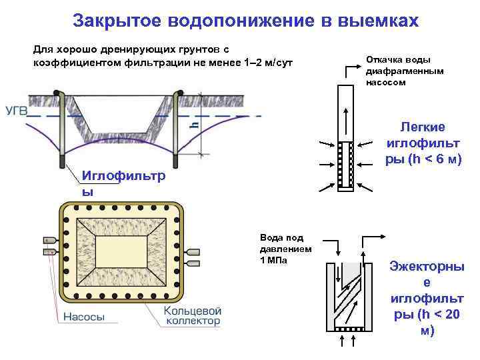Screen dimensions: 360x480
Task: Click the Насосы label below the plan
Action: click(x=83, y=318)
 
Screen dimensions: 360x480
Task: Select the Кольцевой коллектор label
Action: click(x=193, y=315)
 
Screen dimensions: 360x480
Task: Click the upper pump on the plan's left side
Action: click(x=51, y=240)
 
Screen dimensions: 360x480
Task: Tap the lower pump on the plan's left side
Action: click(x=51, y=252)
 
